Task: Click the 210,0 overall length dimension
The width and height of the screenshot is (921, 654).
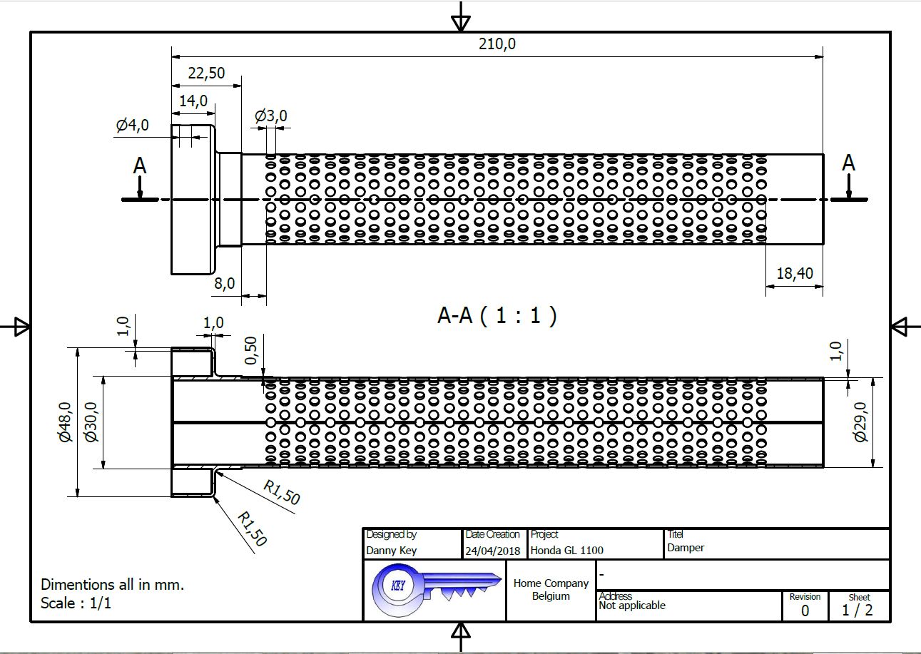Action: coord(497,44)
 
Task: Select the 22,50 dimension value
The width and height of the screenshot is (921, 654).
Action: coord(206,73)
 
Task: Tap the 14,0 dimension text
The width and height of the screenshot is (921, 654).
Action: coord(193,101)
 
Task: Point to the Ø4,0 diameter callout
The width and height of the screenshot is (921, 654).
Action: coord(132,126)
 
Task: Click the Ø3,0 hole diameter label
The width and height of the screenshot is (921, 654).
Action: coord(271,116)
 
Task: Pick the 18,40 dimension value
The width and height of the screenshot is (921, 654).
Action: coord(794,274)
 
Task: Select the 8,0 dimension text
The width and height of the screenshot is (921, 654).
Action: coord(224,283)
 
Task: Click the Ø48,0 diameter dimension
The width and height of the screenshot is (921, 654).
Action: coord(65,422)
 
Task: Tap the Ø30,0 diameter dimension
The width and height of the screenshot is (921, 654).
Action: coord(91,422)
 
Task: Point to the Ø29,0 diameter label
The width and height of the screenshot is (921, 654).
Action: coord(860,422)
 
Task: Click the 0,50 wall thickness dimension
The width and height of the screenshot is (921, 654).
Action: coord(250,351)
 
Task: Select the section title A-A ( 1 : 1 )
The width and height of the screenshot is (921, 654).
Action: coord(497,315)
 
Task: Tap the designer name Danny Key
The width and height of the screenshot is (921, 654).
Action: coord(391,551)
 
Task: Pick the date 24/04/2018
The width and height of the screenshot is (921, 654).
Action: coord(492,551)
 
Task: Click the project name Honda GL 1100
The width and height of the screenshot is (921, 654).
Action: coord(566,551)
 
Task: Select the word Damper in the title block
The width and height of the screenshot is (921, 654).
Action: coord(686,548)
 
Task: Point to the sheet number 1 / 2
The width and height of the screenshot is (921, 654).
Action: coord(857,610)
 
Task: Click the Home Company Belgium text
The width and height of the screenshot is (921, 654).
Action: coord(551,590)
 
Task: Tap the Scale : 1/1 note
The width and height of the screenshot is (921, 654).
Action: coord(76,603)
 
